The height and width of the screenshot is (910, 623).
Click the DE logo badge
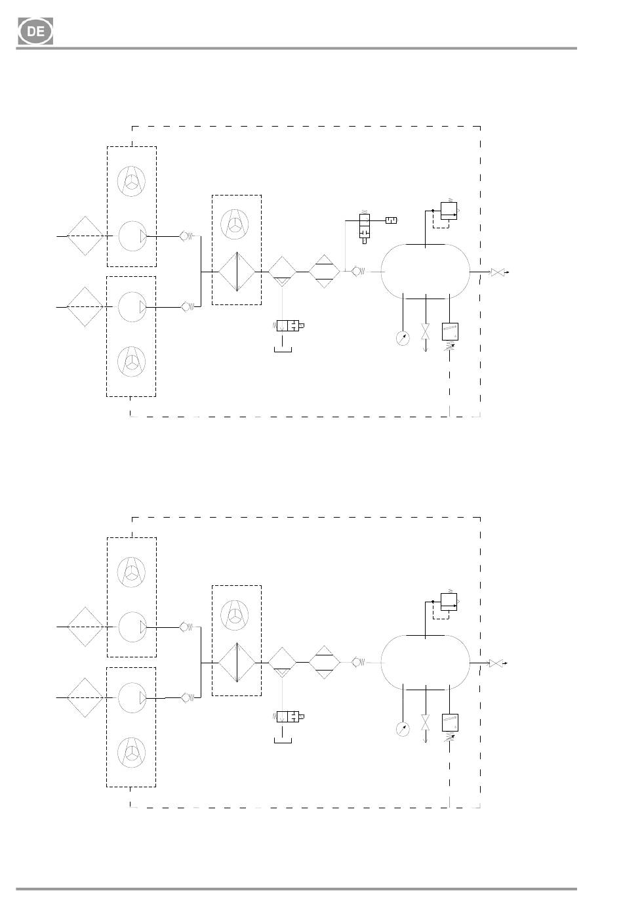pyautogui.click(x=35, y=31)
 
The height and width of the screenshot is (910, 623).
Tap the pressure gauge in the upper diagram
pyautogui.click(x=403, y=339)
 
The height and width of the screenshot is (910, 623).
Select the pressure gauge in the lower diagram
pyautogui.click(x=403, y=729)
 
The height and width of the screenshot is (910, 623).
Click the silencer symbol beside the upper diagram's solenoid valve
pyautogui.click(x=391, y=220)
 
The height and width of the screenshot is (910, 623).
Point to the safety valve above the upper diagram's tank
pyautogui.click(x=449, y=211)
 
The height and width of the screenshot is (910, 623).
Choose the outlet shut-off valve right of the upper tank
pyautogui.click(x=496, y=272)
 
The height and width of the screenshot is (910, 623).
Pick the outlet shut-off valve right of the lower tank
pyautogui.click(x=496, y=663)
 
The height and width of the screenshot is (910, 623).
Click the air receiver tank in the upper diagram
pyautogui.click(x=425, y=272)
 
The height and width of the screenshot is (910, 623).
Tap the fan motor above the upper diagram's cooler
pyautogui.click(x=235, y=224)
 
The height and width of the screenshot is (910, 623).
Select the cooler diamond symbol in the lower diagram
pyautogui.click(x=237, y=663)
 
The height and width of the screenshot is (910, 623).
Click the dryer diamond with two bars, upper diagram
pyautogui.click(x=324, y=272)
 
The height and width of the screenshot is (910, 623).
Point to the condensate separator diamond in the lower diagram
pyautogui.click(x=282, y=663)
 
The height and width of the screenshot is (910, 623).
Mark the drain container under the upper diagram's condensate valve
pyautogui.click(x=283, y=350)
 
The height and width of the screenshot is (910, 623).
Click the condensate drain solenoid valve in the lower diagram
pyautogui.click(x=288, y=717)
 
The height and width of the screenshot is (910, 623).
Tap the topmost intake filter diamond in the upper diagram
pyautogui.click(x=85, y=236)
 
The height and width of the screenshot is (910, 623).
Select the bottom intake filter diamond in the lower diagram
pyautogui.click(x=85, y=697)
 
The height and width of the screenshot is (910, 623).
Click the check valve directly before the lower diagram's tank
pyautogui.click(x=358, y=662)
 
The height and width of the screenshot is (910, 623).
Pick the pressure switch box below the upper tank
pyautogui.click(x=450, y=331)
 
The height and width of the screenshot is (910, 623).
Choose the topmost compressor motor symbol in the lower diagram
pyautogui.click(x=131, y=571)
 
